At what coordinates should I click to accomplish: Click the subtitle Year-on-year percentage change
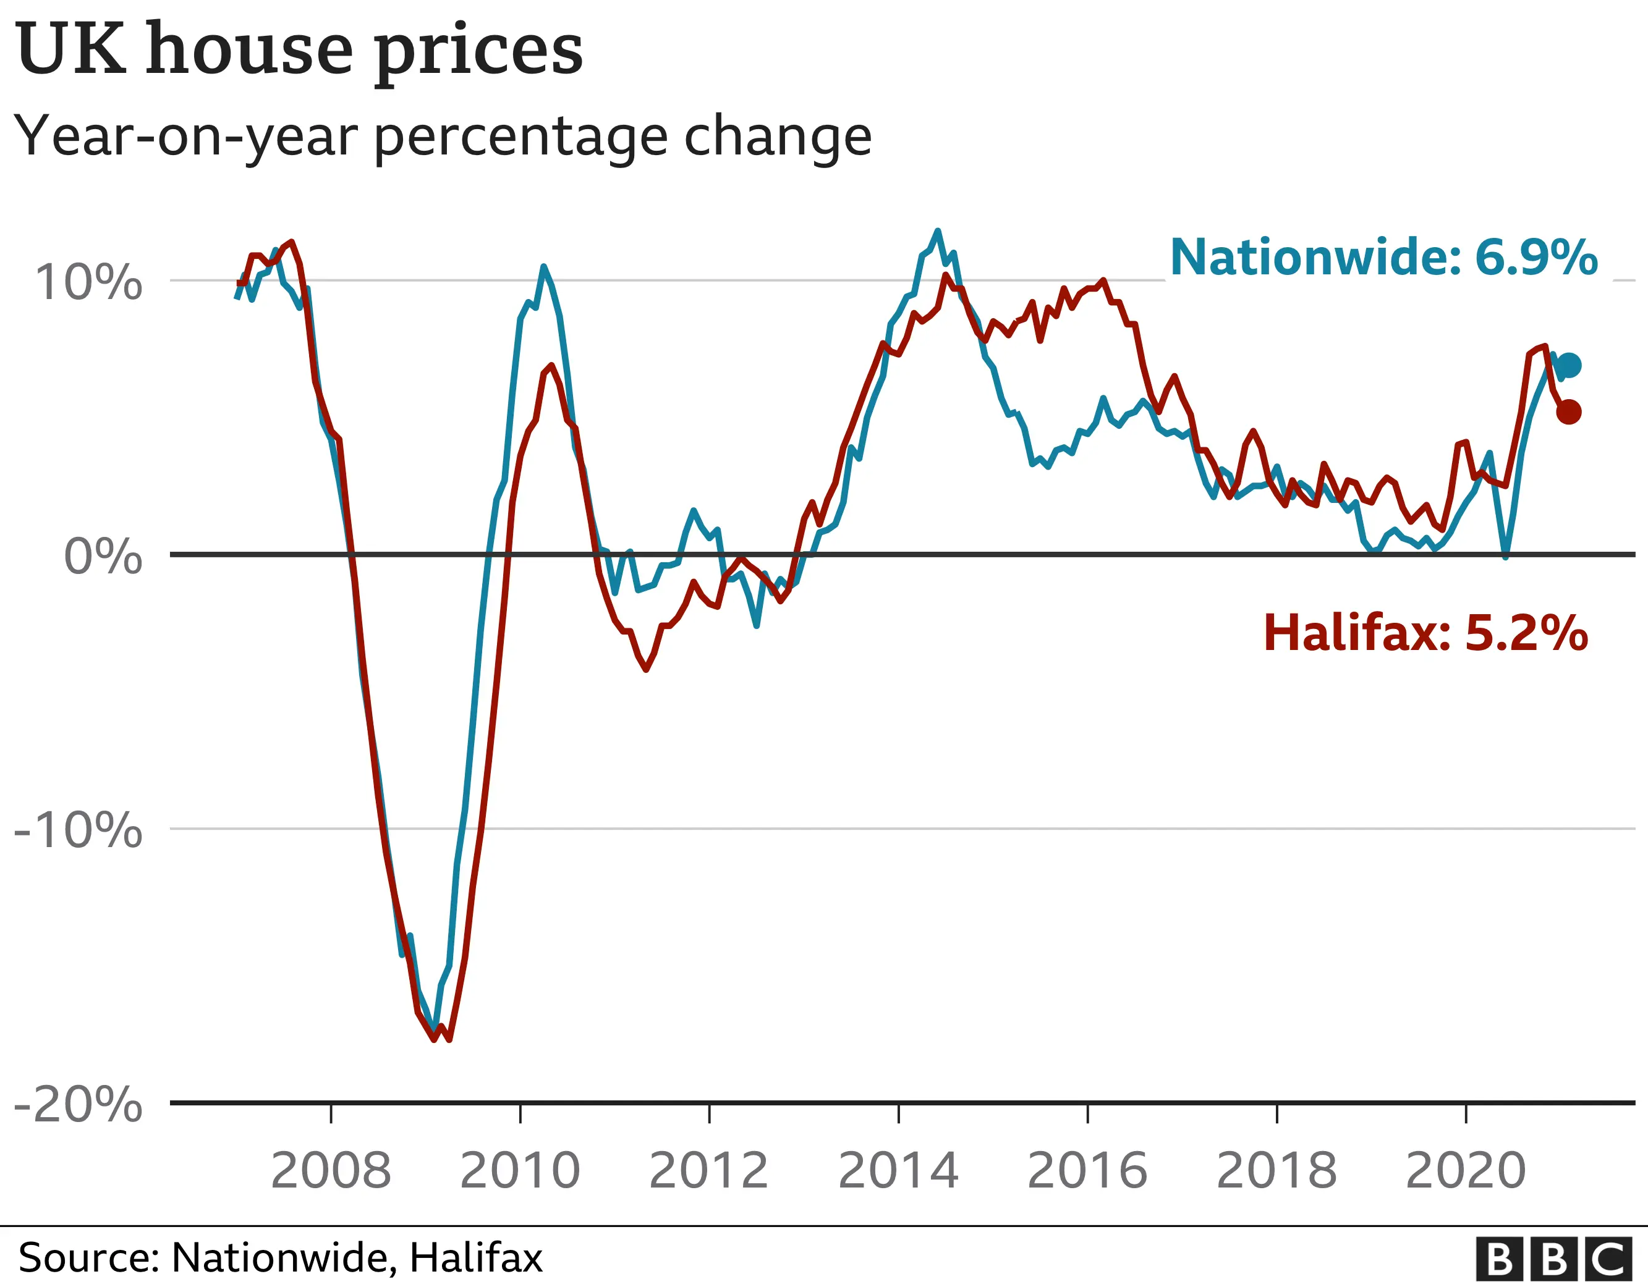click(443, 137)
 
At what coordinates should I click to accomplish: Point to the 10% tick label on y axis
click(89, 283)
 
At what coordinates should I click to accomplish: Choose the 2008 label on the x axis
click(331, 1171)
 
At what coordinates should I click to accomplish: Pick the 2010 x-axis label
click(520, 1171)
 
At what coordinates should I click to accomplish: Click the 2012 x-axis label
click(708, 1171)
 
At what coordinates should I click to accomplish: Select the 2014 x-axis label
click(898, 1171)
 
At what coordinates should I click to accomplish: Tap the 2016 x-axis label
click(1087, 1171)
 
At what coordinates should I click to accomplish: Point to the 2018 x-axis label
click(1276, 1171)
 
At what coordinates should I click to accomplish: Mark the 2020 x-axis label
click(1466, 1171)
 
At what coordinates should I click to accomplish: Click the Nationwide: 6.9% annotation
click(1384, 257)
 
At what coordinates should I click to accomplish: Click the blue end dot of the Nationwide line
click(1569, 366)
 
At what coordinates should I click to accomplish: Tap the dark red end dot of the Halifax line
click(1569, 412)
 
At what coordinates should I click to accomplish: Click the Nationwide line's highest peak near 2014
click(937, 232)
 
